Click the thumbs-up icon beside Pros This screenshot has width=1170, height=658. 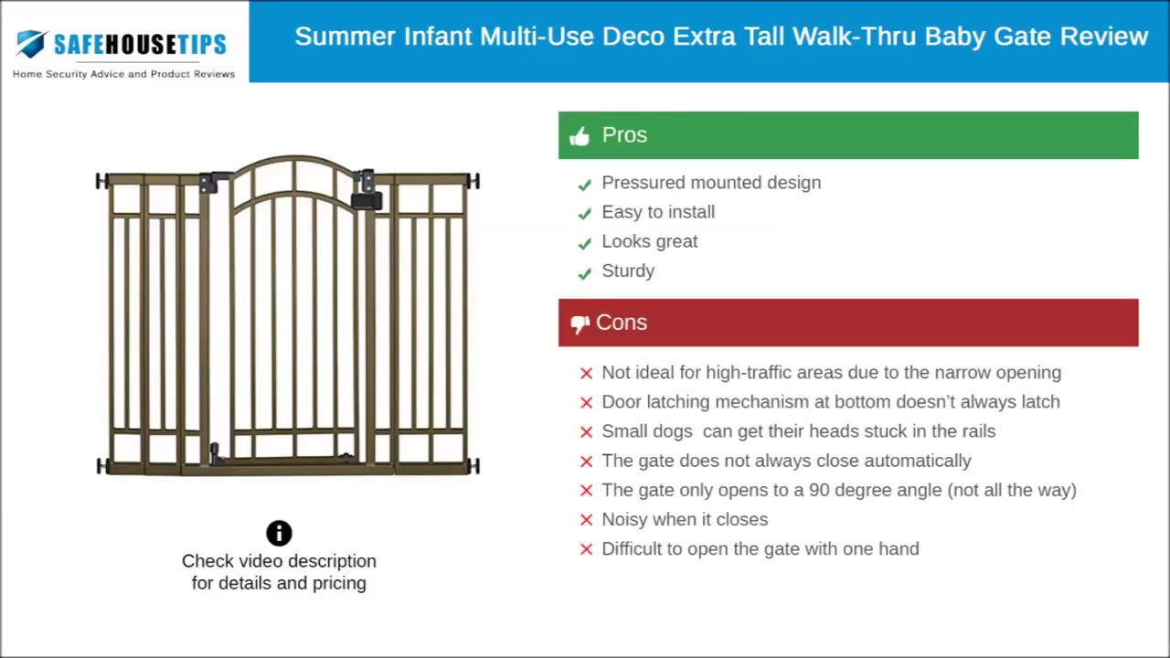[x=580, y=136]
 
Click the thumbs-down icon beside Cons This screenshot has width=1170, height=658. [x=580, y=324]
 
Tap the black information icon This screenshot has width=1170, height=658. [x=279, y=533]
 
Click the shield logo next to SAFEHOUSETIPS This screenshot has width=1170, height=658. [x=32, y=43]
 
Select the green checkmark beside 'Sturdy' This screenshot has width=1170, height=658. [x=585, y=272]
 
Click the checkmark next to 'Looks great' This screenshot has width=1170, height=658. [x=585, y=243]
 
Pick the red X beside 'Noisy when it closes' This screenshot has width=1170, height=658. [x=587, y=520]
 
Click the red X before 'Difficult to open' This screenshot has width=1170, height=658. [x=587, y=549]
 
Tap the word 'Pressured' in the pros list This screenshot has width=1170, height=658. [x=638, y=183]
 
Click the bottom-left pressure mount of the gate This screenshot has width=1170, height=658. [x=102, y=466]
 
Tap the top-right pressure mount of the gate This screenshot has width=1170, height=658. [x=473, y=181]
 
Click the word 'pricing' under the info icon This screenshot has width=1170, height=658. [x=339, y=583]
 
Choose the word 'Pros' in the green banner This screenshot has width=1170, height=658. [x=624, y=135]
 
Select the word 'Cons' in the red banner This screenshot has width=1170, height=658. [x=622, y=323]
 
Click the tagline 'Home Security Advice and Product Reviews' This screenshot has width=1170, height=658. [x=123, y=74]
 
